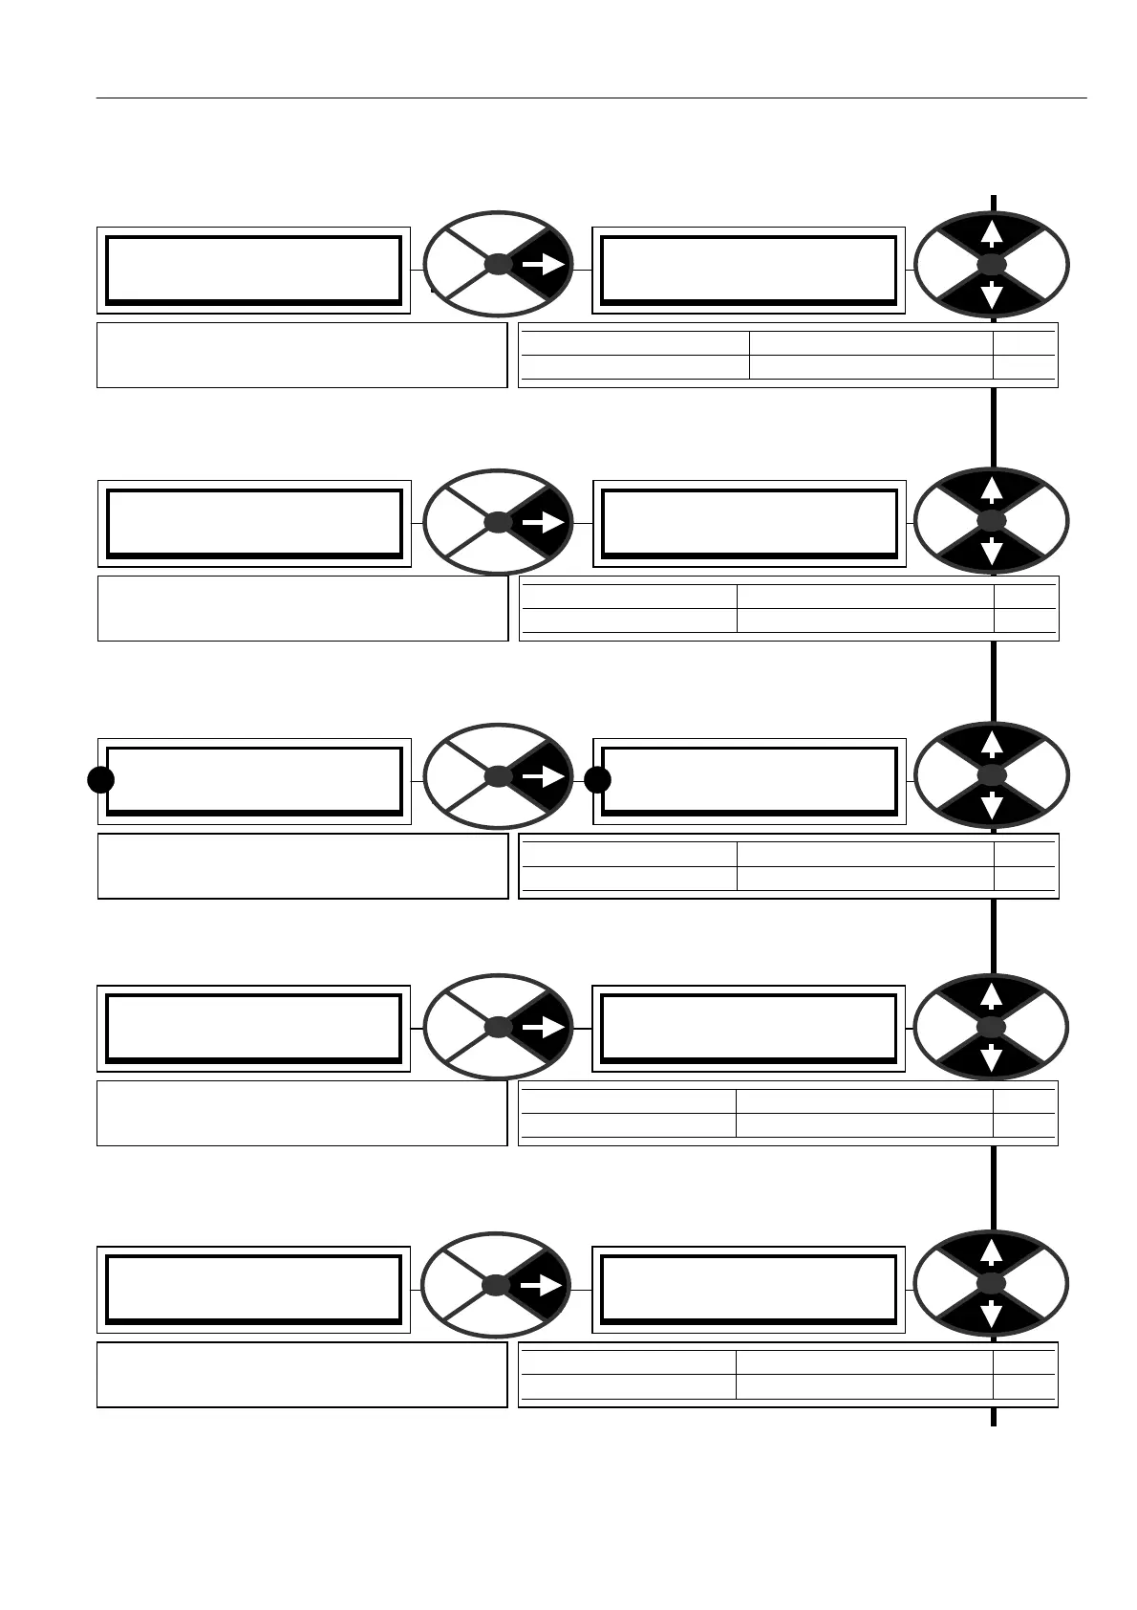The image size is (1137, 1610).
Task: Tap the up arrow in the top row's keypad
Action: [992, 232]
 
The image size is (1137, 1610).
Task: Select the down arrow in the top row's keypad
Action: [992, 294]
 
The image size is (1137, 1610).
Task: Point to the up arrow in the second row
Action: [992, 490]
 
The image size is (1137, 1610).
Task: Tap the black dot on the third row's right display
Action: [597, 780]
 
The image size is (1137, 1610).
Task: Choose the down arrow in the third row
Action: [992, 807]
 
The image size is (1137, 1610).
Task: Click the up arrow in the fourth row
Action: [992, 994]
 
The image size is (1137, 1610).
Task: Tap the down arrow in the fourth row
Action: [992, 1057]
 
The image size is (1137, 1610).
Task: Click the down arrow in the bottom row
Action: [992, 1315]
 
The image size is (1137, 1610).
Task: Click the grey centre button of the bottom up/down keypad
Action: [992, 1283]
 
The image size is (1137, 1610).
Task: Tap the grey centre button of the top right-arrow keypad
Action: [498, 265]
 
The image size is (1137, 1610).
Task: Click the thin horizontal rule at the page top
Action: [591, 98]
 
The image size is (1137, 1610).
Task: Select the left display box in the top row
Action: [253, 271]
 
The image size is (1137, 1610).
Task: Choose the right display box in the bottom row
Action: [748, 1289]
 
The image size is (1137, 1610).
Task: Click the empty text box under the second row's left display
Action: [303, 608]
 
